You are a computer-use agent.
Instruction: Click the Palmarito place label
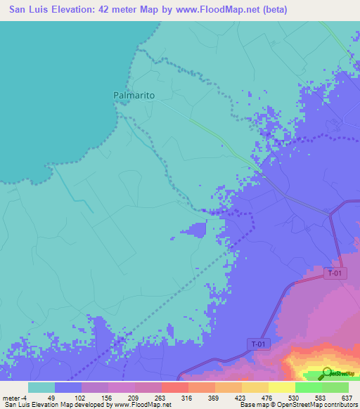(x=134, y=94)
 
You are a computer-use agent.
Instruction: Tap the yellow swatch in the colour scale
(x=281, y=387)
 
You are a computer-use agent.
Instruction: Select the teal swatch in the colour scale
(x=41, y=387)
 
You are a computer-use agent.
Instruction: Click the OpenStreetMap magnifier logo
(x=327, y=372)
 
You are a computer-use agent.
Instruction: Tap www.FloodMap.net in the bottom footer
(x=141, y=404)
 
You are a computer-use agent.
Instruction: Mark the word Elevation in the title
(x=77, y=11)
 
